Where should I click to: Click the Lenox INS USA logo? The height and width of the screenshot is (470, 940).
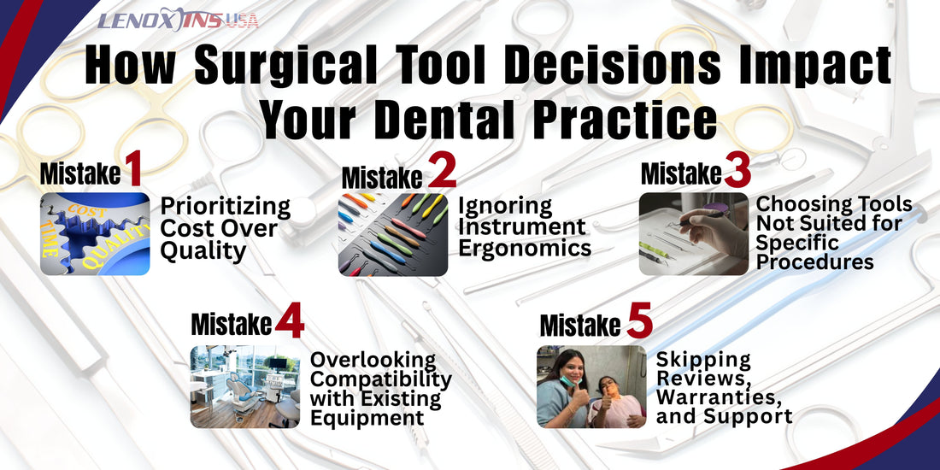click(178, 21)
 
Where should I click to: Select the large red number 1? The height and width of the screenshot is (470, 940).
click(132, 171)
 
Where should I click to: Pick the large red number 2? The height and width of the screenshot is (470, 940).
click(441, 173)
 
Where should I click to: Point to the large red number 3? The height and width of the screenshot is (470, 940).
click(737, 172)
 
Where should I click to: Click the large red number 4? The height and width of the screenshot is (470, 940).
click(290, 323)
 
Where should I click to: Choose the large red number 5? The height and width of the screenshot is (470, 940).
click(639, 323)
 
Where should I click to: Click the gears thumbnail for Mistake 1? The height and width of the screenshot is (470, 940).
click(95, 234)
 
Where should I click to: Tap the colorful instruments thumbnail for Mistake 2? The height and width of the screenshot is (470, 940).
click(392, 234)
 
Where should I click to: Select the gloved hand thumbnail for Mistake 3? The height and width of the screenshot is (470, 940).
click(693, 233)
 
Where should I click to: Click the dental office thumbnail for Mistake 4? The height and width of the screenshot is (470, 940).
click(244, 386)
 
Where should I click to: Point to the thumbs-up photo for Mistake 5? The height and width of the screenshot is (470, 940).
click(591, 386)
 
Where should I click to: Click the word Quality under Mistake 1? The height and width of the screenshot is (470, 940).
click(203, 250)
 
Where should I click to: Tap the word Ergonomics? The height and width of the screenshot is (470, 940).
click(524, 248)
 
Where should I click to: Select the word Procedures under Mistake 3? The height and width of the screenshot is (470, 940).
click(814, 261)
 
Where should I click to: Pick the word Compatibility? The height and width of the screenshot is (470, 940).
click(380, 379)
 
